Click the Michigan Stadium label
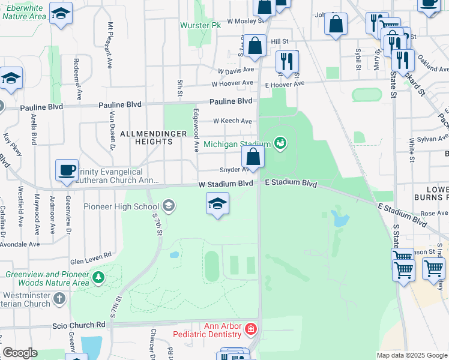(x=237, y=144)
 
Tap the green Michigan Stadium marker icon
(x=280, y=143)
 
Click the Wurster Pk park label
(x=200, y=26)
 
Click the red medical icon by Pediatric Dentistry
(x=251, y=329)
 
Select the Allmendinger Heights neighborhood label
(x=146, y=137)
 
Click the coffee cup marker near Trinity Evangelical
(x=66, y=170)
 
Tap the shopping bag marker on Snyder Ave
(x=253, y=157)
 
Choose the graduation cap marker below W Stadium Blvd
(x=217, y=203)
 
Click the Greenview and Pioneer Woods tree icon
(x=98, y=278)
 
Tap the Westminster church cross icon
(x=59, y=298)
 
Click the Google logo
(x=20, y=353)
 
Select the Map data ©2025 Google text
(x=412, y=355)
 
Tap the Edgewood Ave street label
(x=196, y=130)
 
